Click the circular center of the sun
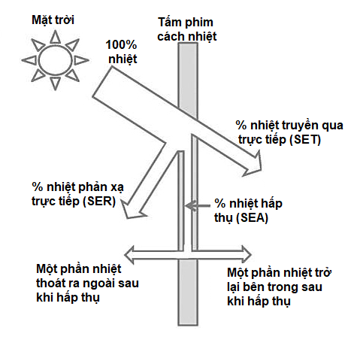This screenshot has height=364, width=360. [55, 60]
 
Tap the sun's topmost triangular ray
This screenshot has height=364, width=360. [56, 37]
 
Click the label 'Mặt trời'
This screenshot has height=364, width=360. [53, 20]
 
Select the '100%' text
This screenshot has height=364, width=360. [121, 45]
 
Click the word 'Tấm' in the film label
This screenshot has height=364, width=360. [170, 22]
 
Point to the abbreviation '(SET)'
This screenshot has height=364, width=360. [305, 140]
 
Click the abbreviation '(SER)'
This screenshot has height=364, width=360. [100, 201]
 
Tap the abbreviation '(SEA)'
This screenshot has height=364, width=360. [252, 217]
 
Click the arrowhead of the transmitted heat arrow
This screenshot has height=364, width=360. [253, 164]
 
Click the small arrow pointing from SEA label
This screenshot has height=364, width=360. [198, 206]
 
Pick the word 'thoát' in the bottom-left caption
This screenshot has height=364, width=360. [53, 283]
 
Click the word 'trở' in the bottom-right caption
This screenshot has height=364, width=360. [324, 272]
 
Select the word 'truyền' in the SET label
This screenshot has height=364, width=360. [301, 125]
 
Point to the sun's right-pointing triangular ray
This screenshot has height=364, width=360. [81, 60]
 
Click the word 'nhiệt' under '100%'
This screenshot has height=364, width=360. [123, 59]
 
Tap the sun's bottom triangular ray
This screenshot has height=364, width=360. [55, 83]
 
